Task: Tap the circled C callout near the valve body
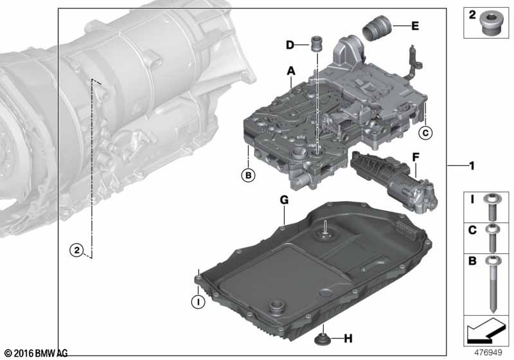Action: [424, 133]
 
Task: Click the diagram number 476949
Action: [488, 352]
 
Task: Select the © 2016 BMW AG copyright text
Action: [36, 353]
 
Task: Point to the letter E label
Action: [414, 26]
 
